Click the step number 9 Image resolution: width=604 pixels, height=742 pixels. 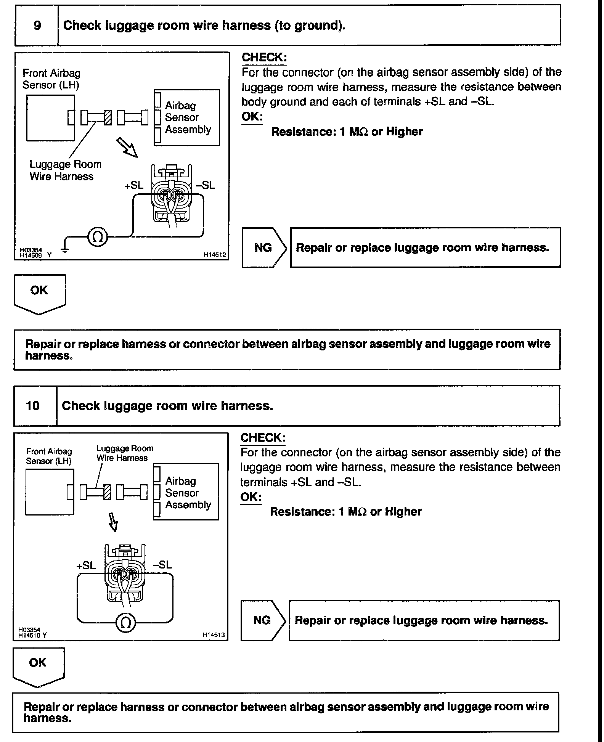point(37,26)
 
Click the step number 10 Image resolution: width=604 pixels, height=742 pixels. point(33,405)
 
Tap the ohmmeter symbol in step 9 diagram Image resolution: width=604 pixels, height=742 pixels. point(98,237)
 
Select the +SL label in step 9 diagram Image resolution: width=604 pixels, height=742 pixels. point(134,185)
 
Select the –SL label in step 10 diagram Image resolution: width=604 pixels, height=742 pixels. point(162,565)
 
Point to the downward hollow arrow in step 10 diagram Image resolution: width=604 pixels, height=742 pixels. point(113,522)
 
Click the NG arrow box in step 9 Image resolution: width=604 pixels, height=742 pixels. point(264,248)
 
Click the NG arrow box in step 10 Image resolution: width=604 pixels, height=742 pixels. point(263,620)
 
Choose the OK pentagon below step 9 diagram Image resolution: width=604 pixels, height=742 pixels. point(39,293)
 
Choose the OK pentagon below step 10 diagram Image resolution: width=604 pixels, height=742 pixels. point(38,666)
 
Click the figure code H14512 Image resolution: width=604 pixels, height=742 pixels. point(214,254)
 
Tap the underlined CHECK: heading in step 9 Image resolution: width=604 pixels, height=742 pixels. point(264,58)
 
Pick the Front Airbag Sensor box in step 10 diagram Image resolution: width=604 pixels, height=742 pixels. point(50,492)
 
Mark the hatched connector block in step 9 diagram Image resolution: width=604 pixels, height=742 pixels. point(108,117)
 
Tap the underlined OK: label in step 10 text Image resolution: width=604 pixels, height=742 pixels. point(251,497)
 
